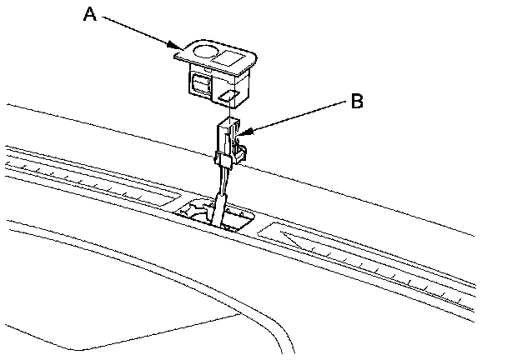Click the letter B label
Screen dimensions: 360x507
pos(356,102)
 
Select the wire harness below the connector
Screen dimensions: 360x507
pos(219,200)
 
